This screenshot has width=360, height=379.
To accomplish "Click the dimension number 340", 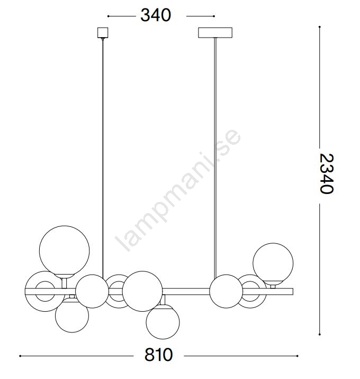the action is click(x=156, y=15).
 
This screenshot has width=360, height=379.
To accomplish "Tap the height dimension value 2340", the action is click(x=327, y=173).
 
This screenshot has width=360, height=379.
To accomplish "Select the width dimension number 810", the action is click(x=159, y=355).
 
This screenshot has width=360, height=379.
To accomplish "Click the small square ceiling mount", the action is click(x=103, y=33).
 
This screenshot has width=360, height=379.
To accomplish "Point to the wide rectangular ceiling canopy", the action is click(x=215, y=33).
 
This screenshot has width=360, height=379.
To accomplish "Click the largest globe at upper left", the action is click(x=64, y=251).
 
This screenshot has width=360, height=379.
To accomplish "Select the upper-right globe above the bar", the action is click(x=273, y=263).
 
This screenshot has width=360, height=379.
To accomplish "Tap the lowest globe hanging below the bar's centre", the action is click(x=163, y=321).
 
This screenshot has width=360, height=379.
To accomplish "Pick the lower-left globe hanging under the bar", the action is click(x=72, y=315).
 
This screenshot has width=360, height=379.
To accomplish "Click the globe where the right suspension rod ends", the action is click(x=226, y=291).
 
